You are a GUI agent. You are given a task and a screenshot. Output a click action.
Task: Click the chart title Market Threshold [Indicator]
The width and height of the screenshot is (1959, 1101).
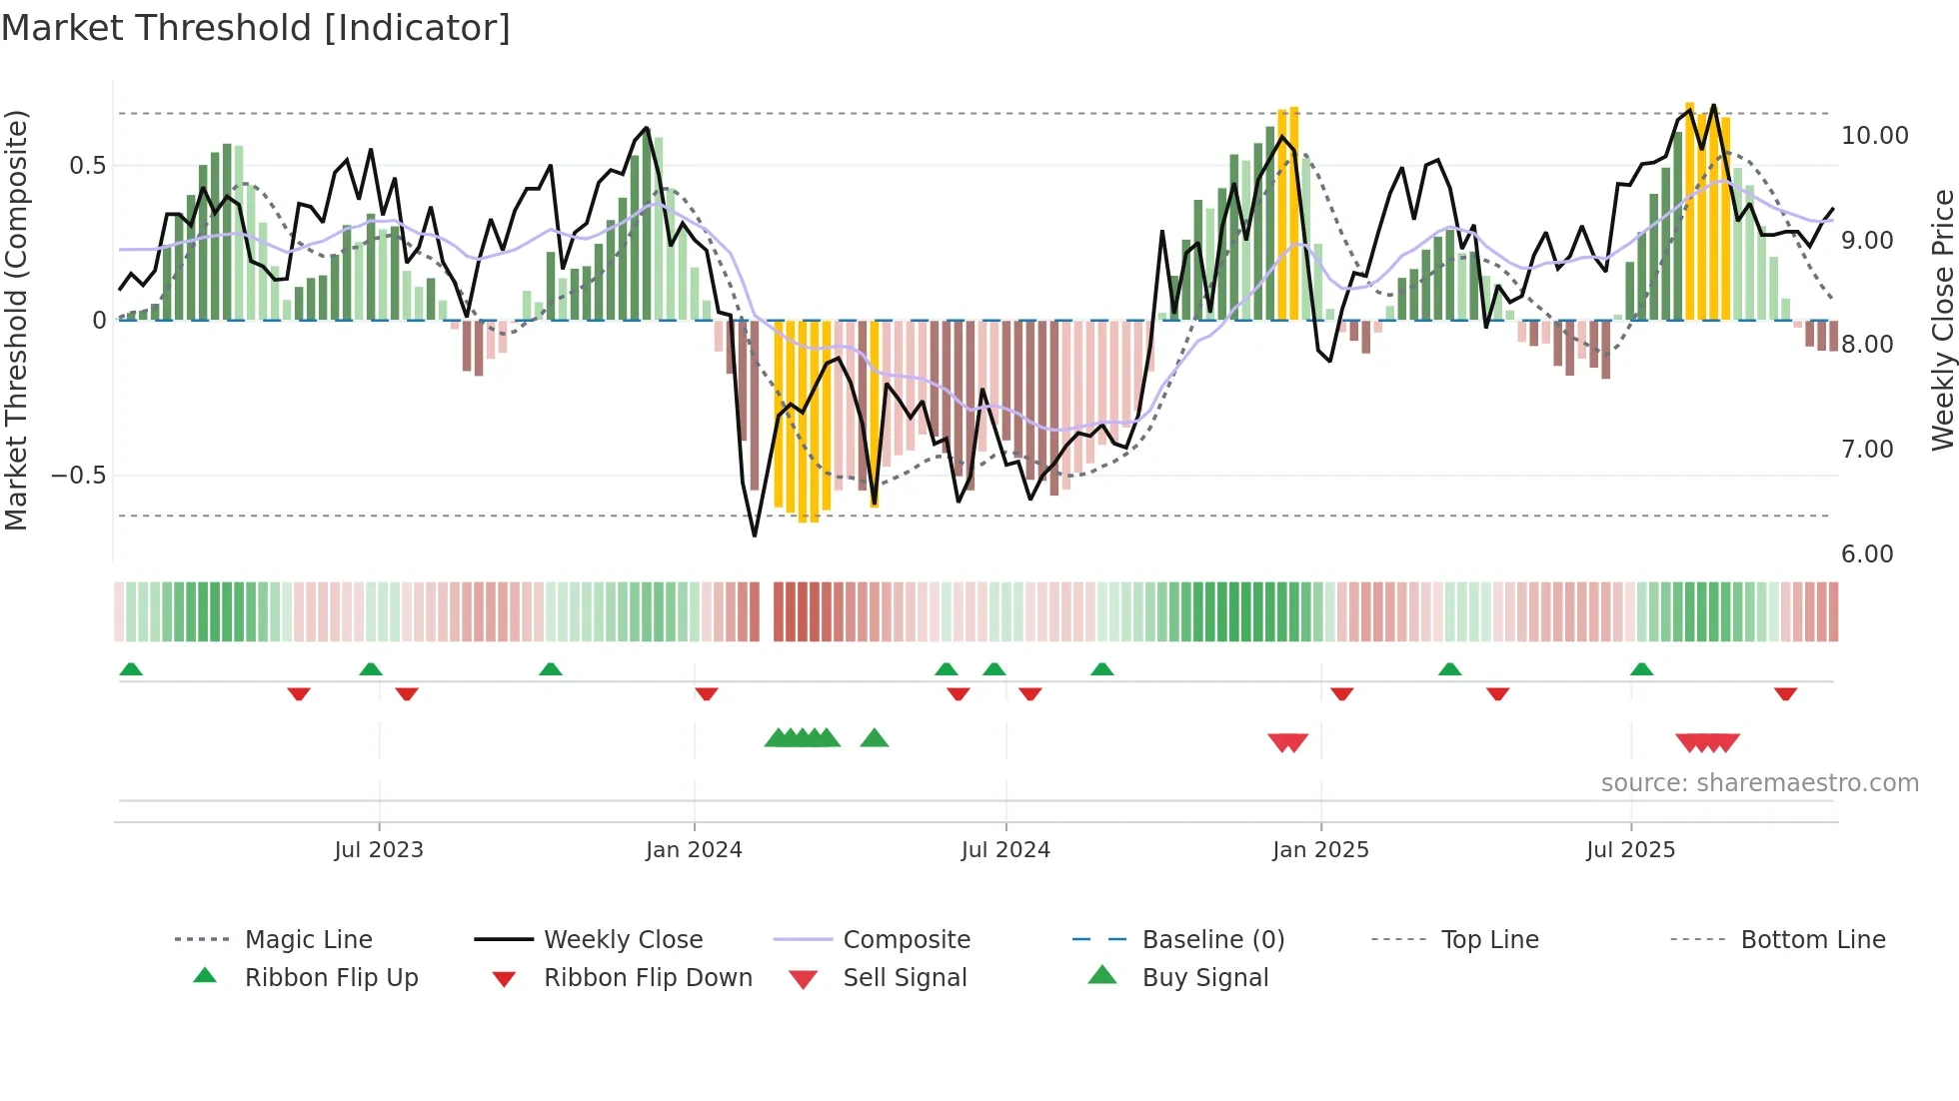[256, 28]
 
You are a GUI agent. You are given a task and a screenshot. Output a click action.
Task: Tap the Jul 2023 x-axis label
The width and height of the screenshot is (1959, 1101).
[379, 850]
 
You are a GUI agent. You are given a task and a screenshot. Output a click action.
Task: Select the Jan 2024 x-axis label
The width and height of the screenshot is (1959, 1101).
[694, 850]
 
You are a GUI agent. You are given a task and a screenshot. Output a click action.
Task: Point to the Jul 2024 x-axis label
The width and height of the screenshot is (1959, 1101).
[1005, 850]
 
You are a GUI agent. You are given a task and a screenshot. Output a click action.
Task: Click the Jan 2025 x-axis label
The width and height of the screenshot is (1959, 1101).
[1320, 850]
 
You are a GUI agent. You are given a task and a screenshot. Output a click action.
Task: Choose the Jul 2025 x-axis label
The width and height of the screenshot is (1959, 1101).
[1630, 850]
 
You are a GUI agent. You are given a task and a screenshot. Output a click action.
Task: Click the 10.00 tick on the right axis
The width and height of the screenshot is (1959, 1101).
[1874, 136]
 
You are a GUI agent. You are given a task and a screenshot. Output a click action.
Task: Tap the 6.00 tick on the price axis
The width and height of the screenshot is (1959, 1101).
[1866, 554]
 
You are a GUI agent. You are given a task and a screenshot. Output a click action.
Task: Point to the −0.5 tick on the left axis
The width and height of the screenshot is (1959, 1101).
[79, 476]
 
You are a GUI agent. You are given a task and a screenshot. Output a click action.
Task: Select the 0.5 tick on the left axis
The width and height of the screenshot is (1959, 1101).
[87, 166]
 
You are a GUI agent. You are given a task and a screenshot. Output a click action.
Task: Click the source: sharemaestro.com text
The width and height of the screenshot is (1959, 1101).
[1759, 783]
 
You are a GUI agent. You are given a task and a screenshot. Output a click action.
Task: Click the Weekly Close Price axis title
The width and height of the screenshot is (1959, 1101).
[1942, 320]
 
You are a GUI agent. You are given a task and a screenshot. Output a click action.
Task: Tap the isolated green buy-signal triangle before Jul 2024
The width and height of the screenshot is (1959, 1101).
[875, 738]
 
